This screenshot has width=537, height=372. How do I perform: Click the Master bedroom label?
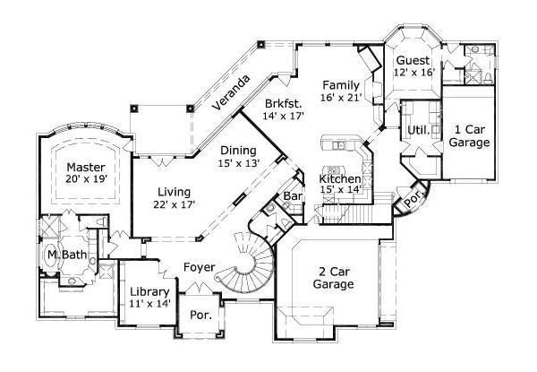tap(86, 168)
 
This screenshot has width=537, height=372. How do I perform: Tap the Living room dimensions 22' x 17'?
tap(175, 204)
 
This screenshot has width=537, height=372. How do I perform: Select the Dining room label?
tap(238, 151)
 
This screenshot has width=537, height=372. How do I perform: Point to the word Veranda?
tap(231, 92)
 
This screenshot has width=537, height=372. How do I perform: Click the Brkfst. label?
tap(283, 104)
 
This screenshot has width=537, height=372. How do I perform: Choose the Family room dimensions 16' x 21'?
tap(341, 98)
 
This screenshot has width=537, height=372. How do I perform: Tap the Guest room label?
tap(413, 60)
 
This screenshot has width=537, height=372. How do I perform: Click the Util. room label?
tap(419, 130)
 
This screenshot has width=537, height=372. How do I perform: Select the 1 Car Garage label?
tap(470, 136)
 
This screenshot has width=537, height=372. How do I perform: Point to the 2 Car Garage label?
tap(334, 278)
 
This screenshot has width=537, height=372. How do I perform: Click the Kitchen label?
tap(340, 179)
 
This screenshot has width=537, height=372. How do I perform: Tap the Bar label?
tap(293, 196)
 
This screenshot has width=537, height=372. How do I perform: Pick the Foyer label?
tap(200, 267)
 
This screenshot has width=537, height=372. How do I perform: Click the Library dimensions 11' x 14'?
tap(149, 304)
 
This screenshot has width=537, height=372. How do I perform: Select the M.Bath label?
tap(67, 255)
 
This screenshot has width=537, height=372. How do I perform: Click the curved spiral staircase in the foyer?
tap(249, 264)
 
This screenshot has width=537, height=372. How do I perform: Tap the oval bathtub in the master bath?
tap(51, 255)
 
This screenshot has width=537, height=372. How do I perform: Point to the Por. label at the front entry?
tap(200, 316)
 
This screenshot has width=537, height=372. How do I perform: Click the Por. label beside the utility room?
tap(413, 199)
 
